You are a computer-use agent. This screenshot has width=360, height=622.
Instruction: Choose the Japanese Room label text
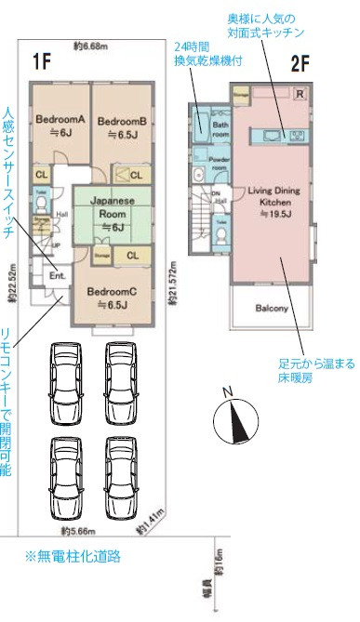click(x=113, y=213)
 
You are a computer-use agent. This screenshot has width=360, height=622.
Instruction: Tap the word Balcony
click(x=272, y=309)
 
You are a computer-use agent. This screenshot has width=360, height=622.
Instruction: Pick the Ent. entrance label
click(x=57, y=275)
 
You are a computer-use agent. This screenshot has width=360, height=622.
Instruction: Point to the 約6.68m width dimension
click(x=92, y=46)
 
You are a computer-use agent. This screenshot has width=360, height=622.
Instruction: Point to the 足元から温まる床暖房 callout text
click(x=316, y=372)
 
